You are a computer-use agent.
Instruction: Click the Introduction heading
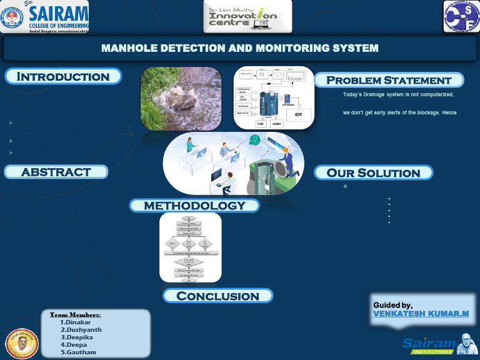pyautogui.click(x=63, y=77)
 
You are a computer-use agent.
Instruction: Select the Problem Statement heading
pyautogui.click(x=388, y=80)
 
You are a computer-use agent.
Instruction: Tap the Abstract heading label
pyautogui.click(x=56, y=172)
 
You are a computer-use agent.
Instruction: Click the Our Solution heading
pyautogui.click(x=373, y=173)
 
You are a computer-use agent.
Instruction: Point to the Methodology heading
pyautogui.click(x=194, y=206)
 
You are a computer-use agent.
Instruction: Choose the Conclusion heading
pyautogui.click(x=217, y=296)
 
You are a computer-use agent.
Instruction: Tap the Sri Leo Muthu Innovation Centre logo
pyautogui.click(x=247, y=16)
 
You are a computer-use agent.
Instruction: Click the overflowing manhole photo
pyautogui.click(x=181, y=98)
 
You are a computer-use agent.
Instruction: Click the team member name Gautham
pyautogui.click(x=78, y=352)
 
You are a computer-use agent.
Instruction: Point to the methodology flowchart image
pyautogui.click(x=190, y=247)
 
